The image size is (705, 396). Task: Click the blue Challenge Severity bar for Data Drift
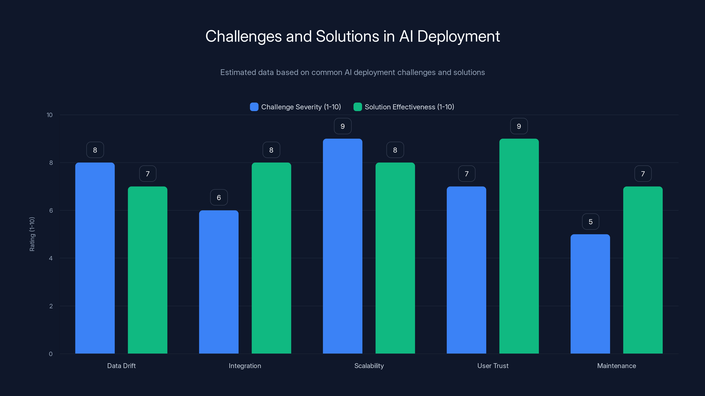pyautogui.click(x=95, y=258)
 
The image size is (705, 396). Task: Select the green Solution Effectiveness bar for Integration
pyautogui.click(x=271, y=258)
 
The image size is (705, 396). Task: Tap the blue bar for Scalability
pyautogui.click(x=342, y=246)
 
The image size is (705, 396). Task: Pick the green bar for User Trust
pyautogui.click(x=519, y=246)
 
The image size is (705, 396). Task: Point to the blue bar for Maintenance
pyautogui.click(x=590, y=294)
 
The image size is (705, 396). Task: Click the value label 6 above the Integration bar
pyautogui.click(x=219, y=198)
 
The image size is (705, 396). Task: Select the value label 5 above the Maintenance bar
pyautogui.click(x=591, y=222)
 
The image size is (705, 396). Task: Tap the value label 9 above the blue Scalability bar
pyautogui.click(x=343, y=126)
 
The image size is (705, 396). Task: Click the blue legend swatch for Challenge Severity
pyautogui.click(x=254, y=107)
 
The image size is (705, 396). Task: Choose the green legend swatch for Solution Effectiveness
pyautogui.click(x=358, y=107)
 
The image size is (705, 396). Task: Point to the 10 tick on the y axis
pyautogui.click(x=50, y=115)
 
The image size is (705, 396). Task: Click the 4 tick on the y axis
pyautogui.click(x=51, y=258)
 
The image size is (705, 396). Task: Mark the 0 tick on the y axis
pyautogui.click(x=51, y=354)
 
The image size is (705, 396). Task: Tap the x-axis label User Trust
pyautogui.click(x=493, y=366)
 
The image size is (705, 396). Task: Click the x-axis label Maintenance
pyautogui.click(x=616, y=366)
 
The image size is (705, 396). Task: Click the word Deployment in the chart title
pyautogui.click(x=458, y=36)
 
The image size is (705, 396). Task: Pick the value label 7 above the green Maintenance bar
pyautogui.click(x=643, y=174)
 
